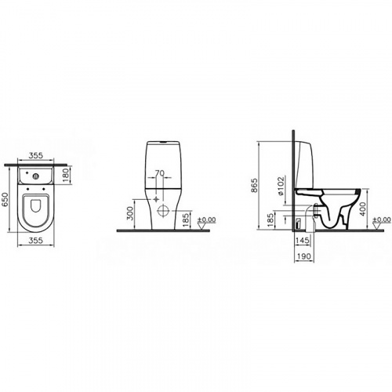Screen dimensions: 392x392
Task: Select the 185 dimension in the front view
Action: pyautogui.click(x=187, y=215)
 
